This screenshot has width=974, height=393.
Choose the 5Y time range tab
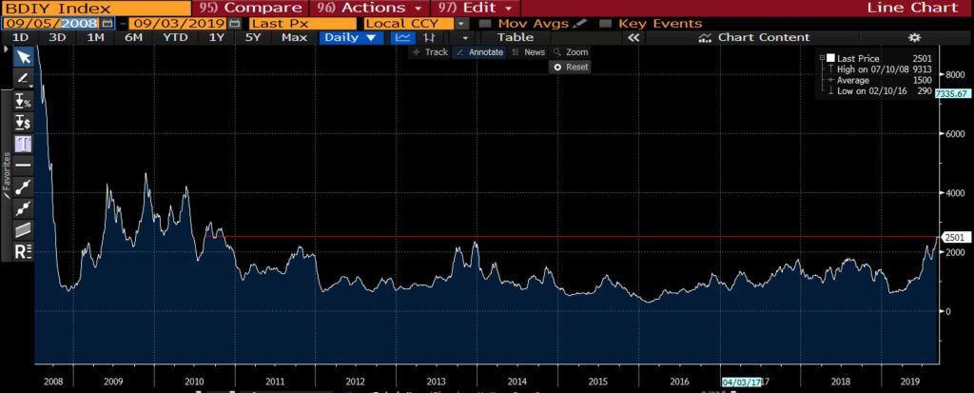(x=252, y=38)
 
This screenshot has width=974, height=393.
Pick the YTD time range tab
(x=175, y=38)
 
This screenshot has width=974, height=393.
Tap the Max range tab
(x=295, y=38)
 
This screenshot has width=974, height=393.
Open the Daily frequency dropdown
(x=351, y=38)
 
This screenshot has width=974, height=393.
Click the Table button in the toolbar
(x=516, y=38)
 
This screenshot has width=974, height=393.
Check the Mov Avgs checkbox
(x=486, y=23)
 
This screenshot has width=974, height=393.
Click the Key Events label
(x=660, y=23)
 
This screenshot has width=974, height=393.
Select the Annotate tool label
(x=481, y=52)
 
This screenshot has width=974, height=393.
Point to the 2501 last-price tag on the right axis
(x=953, y=237)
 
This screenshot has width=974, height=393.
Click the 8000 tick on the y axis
(x=950, y=75)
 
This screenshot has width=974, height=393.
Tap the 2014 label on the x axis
(x=517, y=380)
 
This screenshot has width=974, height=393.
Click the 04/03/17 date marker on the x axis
(x=742, y=381)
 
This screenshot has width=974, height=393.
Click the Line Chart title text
(x=900, y=8)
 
